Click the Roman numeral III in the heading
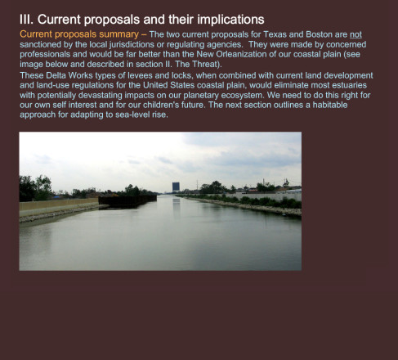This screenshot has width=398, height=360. click(26, 20)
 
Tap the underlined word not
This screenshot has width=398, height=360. click(356, 34)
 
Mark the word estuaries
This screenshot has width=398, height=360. click(349, 85)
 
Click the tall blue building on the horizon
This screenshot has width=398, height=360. click(176, 187)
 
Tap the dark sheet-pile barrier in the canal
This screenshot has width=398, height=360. click(127, 201)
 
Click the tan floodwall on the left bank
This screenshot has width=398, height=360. click(59, 204)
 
